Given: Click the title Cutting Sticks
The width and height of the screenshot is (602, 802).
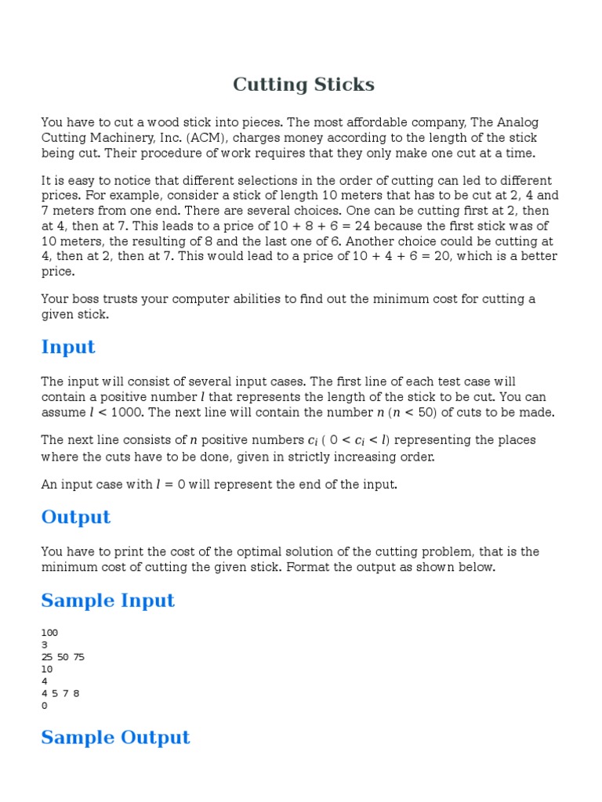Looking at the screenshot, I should click(303, 85).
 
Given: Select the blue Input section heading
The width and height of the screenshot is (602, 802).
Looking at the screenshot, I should click(68, 347).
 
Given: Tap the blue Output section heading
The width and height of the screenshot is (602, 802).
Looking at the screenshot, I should click(76, 517).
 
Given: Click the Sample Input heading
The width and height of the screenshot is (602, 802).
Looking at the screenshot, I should click(108, 601).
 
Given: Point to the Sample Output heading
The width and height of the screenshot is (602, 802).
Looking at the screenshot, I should click(115, 737).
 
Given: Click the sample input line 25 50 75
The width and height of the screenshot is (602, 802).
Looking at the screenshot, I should click(63, 657).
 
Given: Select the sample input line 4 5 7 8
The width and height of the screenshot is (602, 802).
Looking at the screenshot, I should click(60, 693).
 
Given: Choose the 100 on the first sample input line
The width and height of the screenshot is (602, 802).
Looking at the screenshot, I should click(49, 633).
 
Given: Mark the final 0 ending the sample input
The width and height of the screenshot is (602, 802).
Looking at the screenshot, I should click(44, 706).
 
